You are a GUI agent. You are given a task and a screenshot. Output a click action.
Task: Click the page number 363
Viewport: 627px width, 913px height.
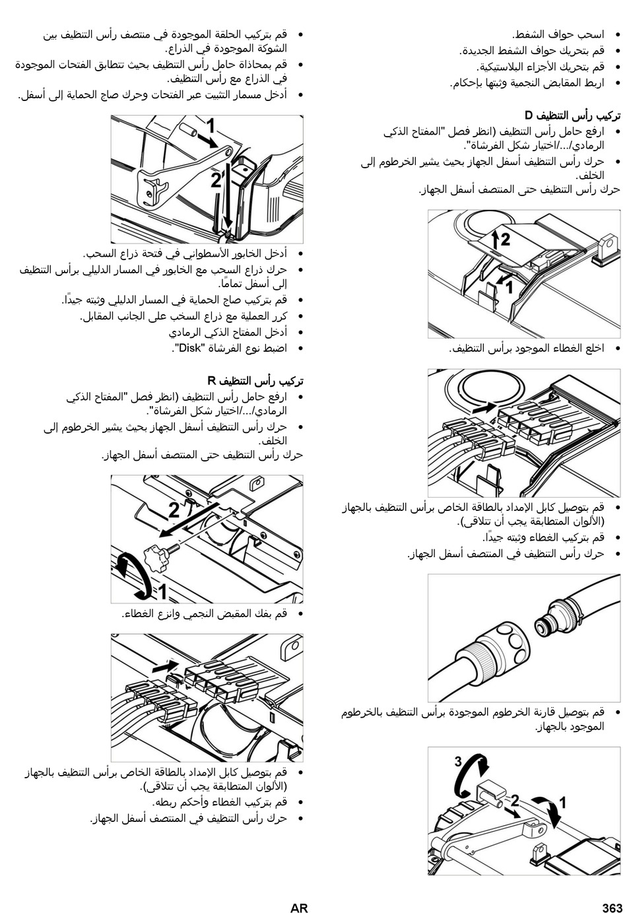pyautogui.click(x=612, y=907)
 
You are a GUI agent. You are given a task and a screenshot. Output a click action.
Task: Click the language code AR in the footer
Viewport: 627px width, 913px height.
pyautogui.click(x=299, y=907)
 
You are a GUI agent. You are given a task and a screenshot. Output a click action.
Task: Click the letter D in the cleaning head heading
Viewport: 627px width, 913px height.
pyautogui.click(x=529, y=116)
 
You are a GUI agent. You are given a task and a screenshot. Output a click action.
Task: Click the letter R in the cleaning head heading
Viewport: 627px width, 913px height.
pyautogui.click(x=211, y=381)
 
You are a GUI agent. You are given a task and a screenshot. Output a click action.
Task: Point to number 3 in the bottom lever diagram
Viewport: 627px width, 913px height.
pyautogui.click(x=458, y=761)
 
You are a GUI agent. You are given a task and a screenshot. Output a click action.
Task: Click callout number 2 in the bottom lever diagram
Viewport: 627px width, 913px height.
pyautogui.click(x=515, y=801)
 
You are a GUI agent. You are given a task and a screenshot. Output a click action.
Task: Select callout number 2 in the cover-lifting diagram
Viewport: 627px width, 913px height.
pyautogui.click(x=505, y=240)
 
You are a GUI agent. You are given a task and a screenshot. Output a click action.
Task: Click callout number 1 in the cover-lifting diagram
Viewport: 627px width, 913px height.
pyautogui.click(x=510, y=288)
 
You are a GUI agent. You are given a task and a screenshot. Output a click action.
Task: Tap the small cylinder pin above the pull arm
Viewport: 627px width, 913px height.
pyautogui.click(x=189, y=130)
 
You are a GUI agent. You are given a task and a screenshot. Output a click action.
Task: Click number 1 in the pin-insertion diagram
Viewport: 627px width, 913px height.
pyautogui.click(x=211, y=126)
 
